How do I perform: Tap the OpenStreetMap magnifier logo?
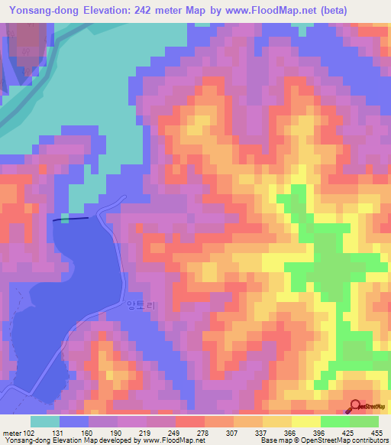click(x=357, y=408)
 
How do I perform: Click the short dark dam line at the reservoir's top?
click(x=70, y=219)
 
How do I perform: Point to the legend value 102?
click(x=29, y=433)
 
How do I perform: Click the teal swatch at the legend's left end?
click(x=45, y=421)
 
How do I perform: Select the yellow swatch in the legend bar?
click(x=306, y=421)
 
